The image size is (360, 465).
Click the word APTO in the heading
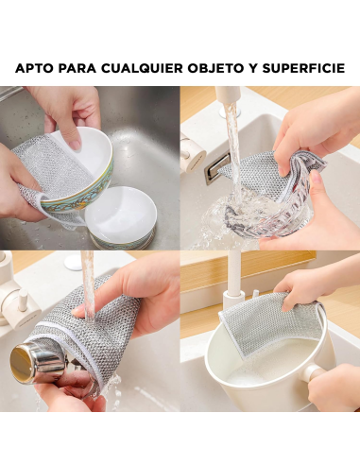click(x=37, y=69)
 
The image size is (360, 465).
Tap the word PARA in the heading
click(x=81, y=69)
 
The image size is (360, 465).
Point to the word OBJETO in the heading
click(x=229, y=69)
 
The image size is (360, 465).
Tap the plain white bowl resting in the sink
click(x=121, y=213)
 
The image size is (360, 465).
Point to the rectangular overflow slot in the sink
click(x=217, y=169)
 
